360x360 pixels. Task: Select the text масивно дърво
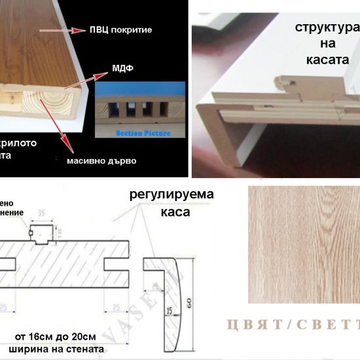101,160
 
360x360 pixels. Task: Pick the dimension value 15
169,293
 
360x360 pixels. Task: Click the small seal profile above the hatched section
40,230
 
